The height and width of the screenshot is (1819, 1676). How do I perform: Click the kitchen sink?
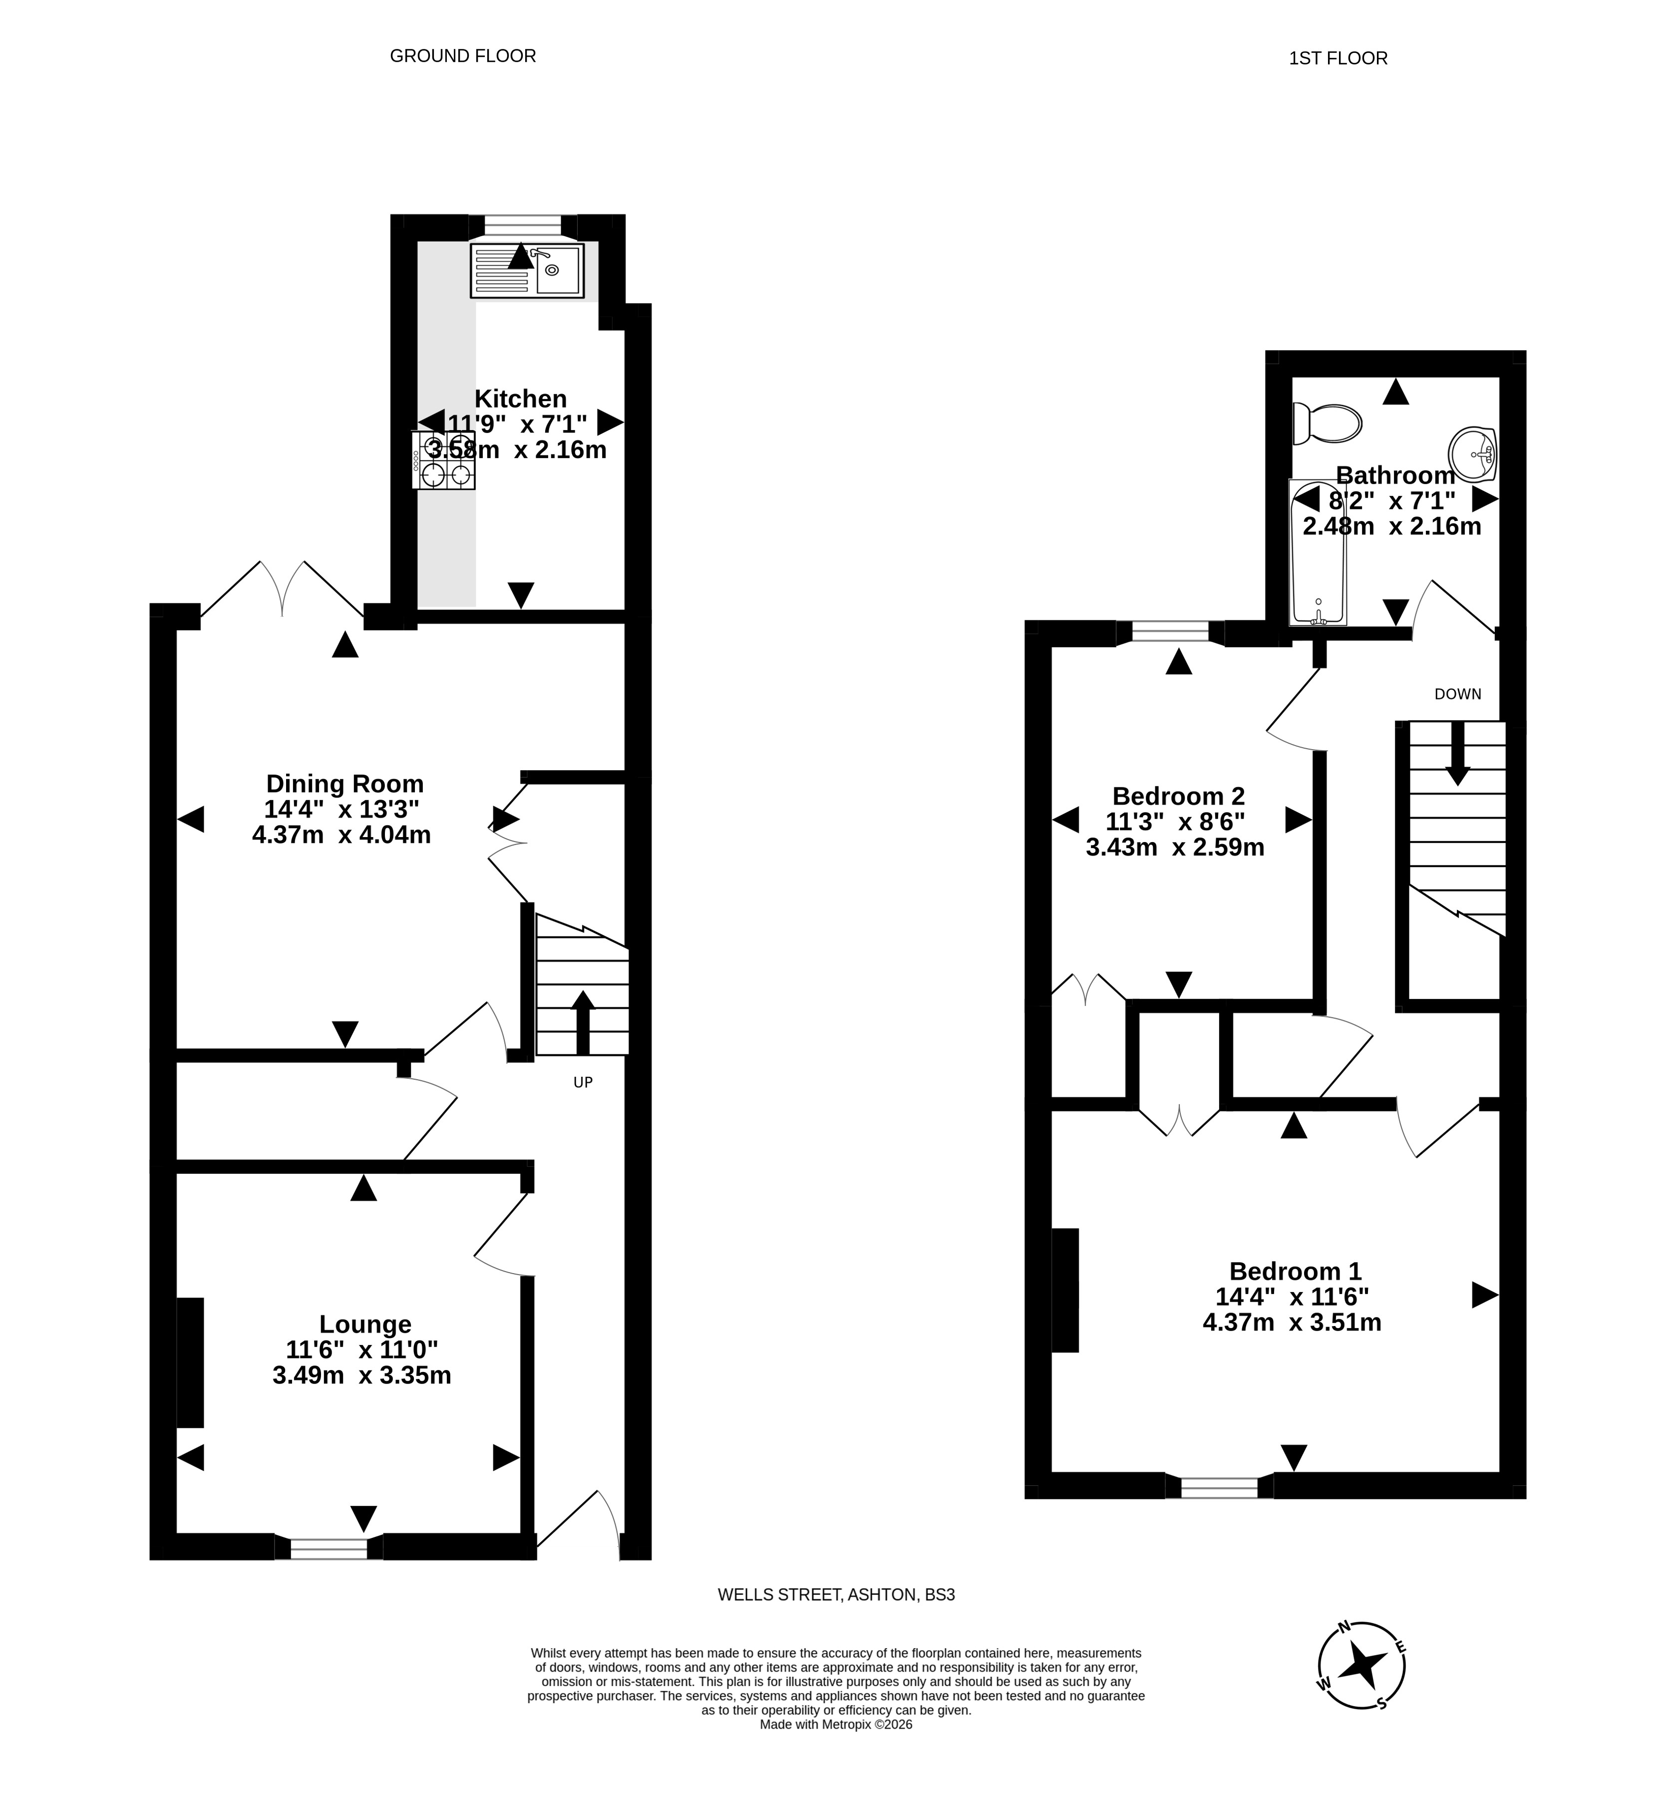point(527,270)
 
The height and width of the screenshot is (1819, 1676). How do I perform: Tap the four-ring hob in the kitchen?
point(443,460)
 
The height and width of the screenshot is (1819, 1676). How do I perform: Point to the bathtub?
point(1318,553)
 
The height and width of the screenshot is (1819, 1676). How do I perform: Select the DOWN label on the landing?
point(1457,694)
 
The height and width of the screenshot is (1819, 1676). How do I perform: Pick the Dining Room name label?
point(344,783)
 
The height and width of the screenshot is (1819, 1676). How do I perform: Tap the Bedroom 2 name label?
point(1178,796)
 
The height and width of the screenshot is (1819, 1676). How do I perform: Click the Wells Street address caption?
point(836,1594)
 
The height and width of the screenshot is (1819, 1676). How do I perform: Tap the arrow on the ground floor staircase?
point(582,1021)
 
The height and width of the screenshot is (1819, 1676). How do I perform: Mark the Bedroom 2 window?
point(1170,631)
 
